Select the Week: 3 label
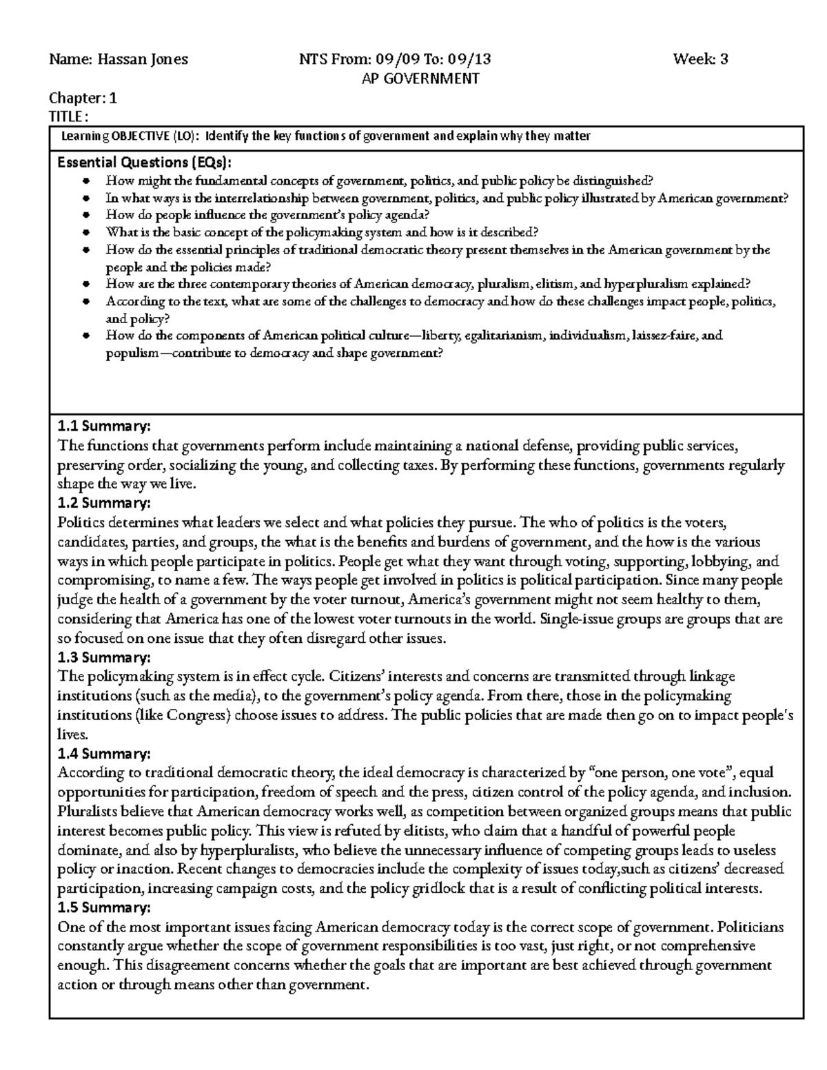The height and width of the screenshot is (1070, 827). click(701, 59)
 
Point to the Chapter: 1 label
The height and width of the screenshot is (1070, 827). click(83, 98)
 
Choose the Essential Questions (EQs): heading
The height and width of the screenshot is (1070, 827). click(145, 163)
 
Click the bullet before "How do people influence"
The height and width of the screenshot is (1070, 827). click(85, 215)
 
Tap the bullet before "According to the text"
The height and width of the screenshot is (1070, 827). click(85, 302)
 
